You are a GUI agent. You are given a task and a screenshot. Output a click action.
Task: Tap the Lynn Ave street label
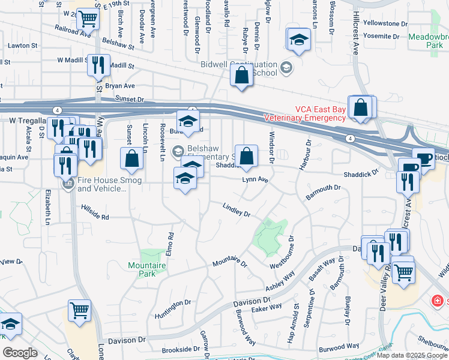(x=254, y=179)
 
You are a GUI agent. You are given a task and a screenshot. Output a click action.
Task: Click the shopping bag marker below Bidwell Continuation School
(x=241, y=76)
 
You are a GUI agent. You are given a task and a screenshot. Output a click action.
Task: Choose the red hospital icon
(x=438, y=299)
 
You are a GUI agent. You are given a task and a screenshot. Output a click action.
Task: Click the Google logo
(x=20, y=353)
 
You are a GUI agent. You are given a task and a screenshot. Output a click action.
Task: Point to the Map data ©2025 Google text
(x=412, y=355)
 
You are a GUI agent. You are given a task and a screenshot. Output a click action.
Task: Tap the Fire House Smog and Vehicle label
(x=102, y=184)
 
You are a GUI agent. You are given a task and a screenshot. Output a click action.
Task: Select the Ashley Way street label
(x=280, y=281)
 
